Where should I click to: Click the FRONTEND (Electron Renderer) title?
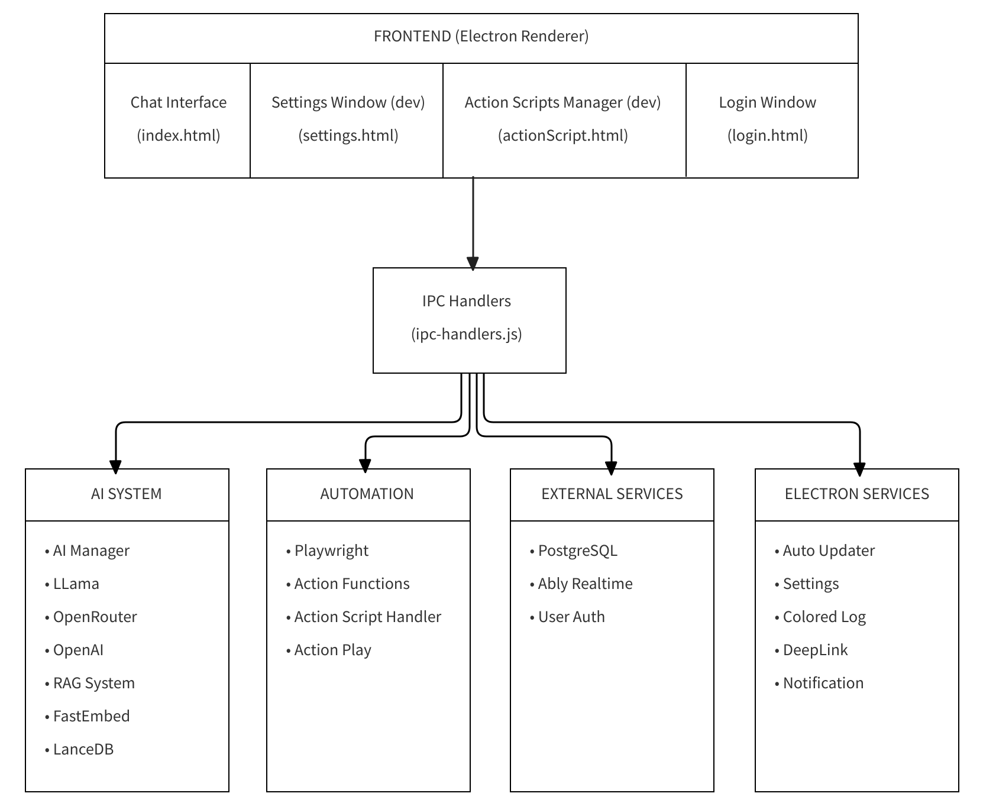481,37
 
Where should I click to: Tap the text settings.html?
348,136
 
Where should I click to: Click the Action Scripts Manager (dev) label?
562,103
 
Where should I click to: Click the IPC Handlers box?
469,319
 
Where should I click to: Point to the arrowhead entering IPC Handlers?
473,263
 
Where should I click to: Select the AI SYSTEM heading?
127,494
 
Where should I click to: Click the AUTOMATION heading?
367,494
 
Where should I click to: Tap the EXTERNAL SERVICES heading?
612,494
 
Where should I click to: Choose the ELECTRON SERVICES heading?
856,494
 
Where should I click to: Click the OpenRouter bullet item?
95,617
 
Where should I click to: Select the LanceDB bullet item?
83,750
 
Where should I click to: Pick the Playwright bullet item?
331,551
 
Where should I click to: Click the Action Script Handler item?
367,617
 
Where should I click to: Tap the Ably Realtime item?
585,584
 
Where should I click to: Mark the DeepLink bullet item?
815,650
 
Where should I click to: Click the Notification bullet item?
823,684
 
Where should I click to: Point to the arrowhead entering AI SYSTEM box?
116,467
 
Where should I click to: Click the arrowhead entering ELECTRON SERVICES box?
859,469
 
